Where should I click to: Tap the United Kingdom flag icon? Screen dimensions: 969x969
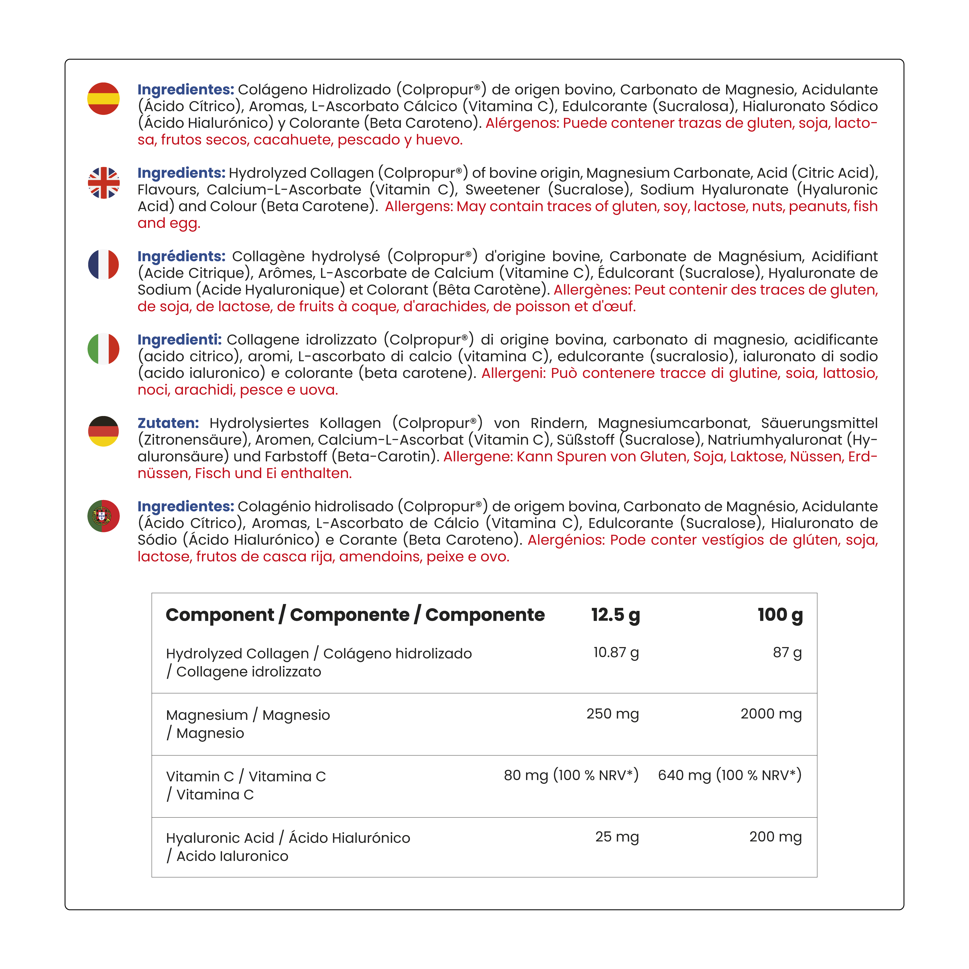[x=103, y=183]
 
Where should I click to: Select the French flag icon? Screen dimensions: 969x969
[x=103, y=264]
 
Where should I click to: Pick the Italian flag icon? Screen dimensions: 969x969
[x=103, y=349]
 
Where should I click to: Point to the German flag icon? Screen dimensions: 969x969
[x=103, y=431]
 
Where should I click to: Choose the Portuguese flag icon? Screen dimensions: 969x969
[x=103, y=516]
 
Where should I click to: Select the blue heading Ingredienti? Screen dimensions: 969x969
[x=180, y=340]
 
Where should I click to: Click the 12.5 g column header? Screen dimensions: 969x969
[x=615, y=615]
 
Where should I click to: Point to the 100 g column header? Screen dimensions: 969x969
[x=780, y=615]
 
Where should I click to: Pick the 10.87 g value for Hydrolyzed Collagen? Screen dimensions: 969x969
[x=616, y=652]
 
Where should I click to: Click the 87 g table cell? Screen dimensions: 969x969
[x=787, y=652]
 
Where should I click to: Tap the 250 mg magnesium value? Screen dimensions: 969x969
[x=612, y=714]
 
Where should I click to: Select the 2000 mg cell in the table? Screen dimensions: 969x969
[x=771, y=714]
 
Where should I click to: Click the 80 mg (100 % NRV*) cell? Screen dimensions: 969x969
[x=571, y=775]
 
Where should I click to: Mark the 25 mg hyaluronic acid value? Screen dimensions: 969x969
[x=617, y=837]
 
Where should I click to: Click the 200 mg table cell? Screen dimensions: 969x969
[x=775, y=837]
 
